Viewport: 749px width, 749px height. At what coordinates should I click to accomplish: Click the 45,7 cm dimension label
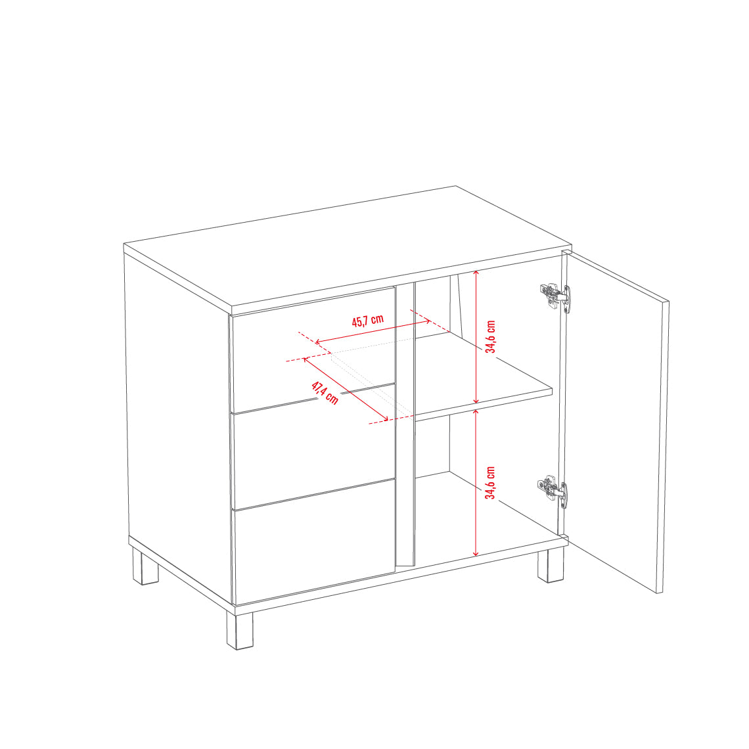[368, 320]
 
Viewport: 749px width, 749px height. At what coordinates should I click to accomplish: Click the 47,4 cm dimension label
[325, 393]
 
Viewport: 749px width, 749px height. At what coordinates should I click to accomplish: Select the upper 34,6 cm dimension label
[491, 337]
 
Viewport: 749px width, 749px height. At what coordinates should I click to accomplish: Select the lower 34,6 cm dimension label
[491, 483]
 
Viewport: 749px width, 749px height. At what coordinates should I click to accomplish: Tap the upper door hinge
[555, 296]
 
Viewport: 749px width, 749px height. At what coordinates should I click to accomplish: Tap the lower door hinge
[553, 491]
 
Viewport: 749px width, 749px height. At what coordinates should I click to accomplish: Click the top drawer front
[313, 350]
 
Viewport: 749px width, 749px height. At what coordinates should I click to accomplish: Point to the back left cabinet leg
[145, 566]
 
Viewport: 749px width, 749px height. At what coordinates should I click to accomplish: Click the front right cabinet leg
[551, 566]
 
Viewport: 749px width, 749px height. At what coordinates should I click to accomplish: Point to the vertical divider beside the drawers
[405, 425]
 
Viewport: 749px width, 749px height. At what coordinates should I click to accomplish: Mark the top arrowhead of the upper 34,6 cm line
[476, 271]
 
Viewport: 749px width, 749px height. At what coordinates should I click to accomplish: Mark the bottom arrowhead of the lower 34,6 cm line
[476, 555]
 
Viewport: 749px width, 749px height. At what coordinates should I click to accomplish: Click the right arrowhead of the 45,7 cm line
[429, 321]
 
